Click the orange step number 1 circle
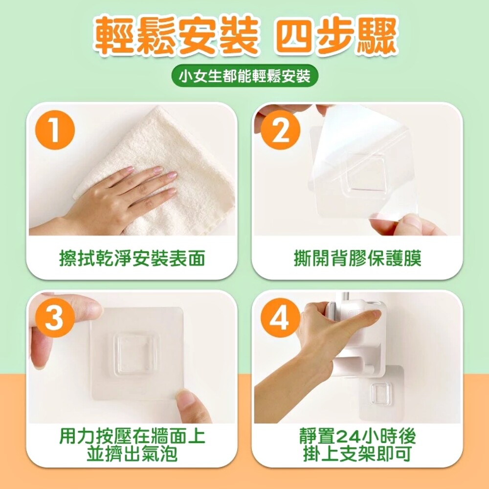pyautogui.click(x=55, y=130)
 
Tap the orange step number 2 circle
pyautogui.click(x=280, y=130)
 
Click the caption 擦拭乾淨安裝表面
pyautogui.click(x=132, y=259)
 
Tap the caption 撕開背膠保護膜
pyautogui.click(x=357, y=259)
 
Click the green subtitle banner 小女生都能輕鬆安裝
pyautogui.click(x=245, y=76)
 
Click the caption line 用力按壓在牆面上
pyautogui.click(x=132, y=436)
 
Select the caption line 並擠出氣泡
pyautogui.click(x=132, y=454)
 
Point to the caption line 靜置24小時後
pyautogui.click(x=357, y=436)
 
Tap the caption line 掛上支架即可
pyautogui.click(x=357, y=454)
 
